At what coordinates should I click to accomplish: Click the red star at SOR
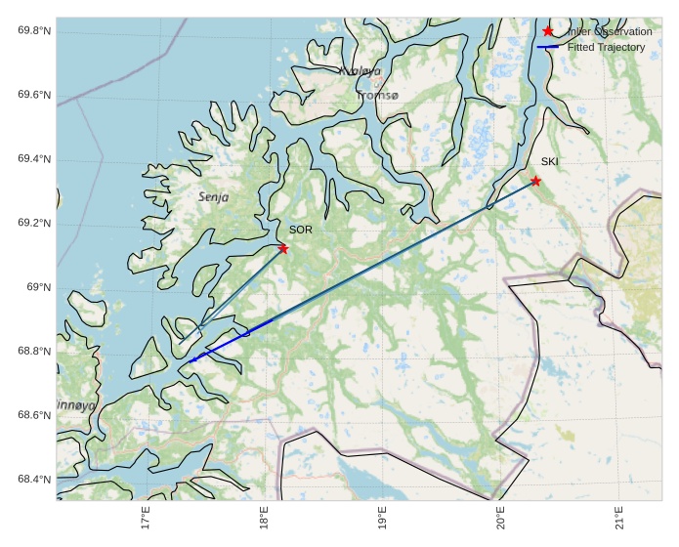283,248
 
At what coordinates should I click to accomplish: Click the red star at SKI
535,181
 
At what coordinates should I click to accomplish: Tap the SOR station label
300,230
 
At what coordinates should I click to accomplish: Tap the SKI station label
550,161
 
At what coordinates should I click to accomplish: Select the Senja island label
213,196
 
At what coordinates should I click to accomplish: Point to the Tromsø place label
378,96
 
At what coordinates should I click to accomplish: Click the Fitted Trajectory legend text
606,47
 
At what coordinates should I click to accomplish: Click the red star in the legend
547,31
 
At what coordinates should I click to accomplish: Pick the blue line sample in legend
547,47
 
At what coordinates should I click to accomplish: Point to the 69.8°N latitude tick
34,31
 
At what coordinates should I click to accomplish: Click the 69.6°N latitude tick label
34,96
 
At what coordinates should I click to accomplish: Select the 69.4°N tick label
34,159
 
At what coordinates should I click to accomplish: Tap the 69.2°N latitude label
34,224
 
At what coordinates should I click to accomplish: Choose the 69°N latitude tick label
38,287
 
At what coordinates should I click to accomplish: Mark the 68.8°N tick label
34,352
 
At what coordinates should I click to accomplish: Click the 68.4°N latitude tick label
34,480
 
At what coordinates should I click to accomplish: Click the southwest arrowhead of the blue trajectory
191,360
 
